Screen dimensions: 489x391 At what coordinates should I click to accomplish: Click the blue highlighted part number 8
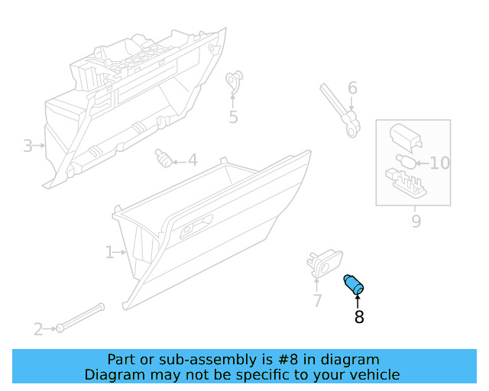click(353, 284)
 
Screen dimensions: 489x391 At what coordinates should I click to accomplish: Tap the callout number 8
click(359, 317)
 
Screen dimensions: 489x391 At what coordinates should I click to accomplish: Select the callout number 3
click(28, 146)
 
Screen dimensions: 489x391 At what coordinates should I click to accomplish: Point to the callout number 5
click(233, 117)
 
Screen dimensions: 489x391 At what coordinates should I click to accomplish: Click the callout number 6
click(352, 88)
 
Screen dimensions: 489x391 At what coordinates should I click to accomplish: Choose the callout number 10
click(440, 163)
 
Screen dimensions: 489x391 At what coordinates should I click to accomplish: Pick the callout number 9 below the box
click(416, 221)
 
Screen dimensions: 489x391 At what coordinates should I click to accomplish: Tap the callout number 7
click(317, 301)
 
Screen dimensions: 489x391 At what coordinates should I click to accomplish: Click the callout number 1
click(109, 252)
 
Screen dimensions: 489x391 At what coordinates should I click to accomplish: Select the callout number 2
click(38, 330)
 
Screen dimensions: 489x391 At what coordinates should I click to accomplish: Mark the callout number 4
click(193, 160)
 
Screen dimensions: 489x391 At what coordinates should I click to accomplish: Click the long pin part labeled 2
click(80, 318)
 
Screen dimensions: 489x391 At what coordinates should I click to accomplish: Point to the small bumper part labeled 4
click(164, 158)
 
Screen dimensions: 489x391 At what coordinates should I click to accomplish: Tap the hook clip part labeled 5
click(234, 81)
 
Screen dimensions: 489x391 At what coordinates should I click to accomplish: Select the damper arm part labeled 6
click(341, 110)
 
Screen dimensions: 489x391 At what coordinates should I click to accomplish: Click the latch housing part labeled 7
click(324, 263)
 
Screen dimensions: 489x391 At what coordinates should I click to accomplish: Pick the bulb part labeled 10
click(406, 161)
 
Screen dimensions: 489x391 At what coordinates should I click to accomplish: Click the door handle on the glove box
click(196, 227)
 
